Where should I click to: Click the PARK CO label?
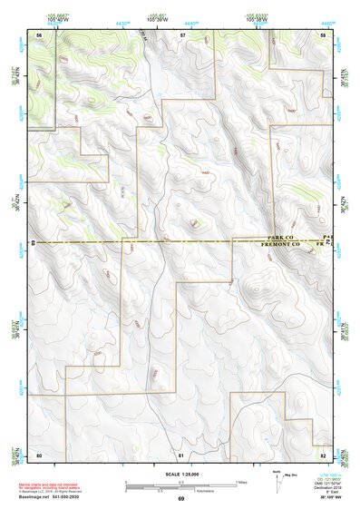(277, 238)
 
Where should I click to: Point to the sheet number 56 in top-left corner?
(40, 34)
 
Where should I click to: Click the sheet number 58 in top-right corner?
(323, 34)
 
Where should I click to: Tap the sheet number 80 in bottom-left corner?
(40, 454)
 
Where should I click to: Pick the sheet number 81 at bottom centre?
(182, 454)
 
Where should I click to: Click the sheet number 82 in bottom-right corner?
(323, 454)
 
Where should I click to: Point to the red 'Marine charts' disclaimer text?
(54, 485)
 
